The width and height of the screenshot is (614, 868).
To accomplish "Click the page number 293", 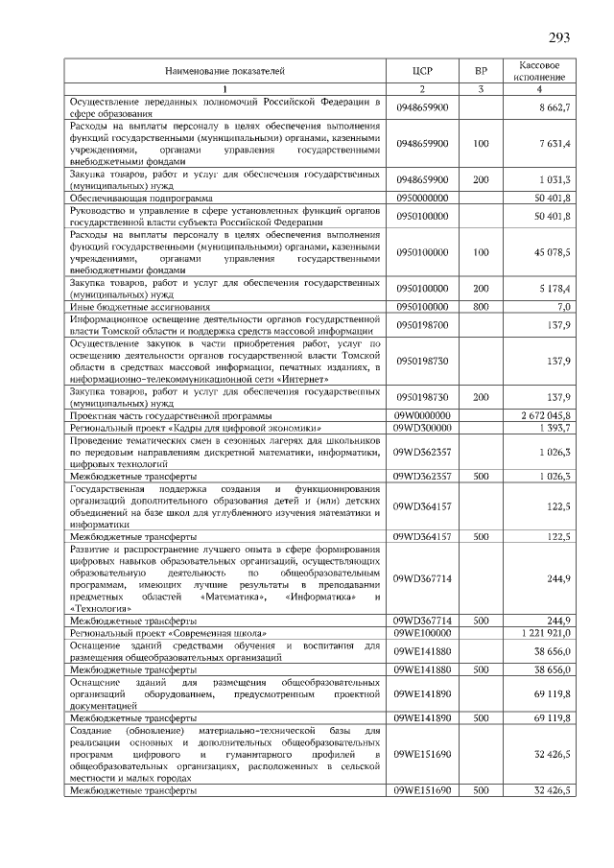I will tap(559, 38).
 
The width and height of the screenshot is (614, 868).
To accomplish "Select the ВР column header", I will tap(481, 71).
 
